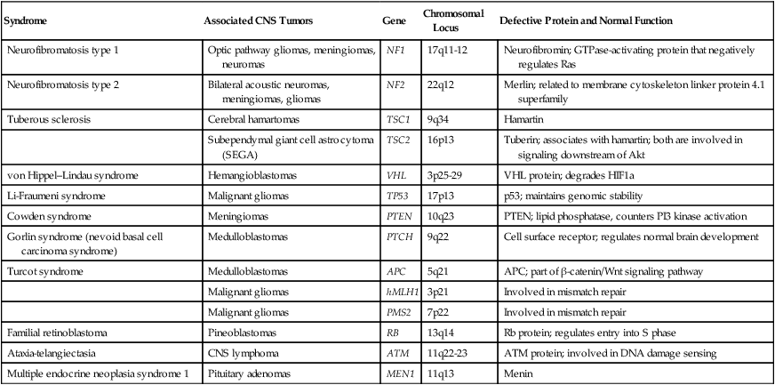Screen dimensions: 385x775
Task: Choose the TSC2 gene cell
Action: point(396,139)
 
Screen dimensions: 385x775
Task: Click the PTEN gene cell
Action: point(397,215)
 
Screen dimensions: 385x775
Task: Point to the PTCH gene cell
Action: point(397,237)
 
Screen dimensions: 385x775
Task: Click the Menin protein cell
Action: point(519,374)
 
